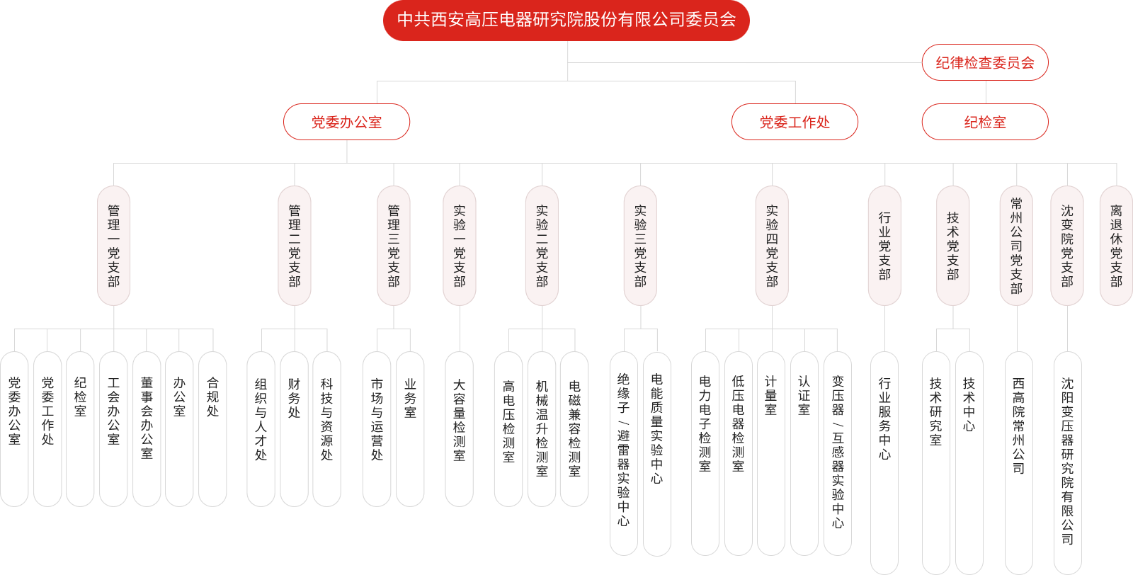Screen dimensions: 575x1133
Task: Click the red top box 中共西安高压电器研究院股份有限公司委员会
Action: (x=566, y=20)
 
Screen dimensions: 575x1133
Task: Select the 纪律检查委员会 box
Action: (x=985, y=63)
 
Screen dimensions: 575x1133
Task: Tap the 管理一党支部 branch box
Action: (x=114, y=246)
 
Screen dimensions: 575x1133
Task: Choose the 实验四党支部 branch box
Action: (x=772, y=246)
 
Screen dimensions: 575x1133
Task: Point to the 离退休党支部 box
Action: (x=1116, y=246)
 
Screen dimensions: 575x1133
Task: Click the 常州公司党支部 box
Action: (x=1017, y=246)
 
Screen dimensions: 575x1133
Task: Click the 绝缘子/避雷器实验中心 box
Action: (x=623, y=453)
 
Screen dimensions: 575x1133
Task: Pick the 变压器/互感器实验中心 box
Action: (x=838, y=453)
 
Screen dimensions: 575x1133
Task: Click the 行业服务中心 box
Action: (x=884, y=460)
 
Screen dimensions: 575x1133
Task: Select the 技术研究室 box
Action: (x=935, y=460)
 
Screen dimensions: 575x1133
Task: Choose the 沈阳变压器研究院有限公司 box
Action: (x=1067, y=460)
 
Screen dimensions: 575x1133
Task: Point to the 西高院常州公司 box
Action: (x=1018, y=460)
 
